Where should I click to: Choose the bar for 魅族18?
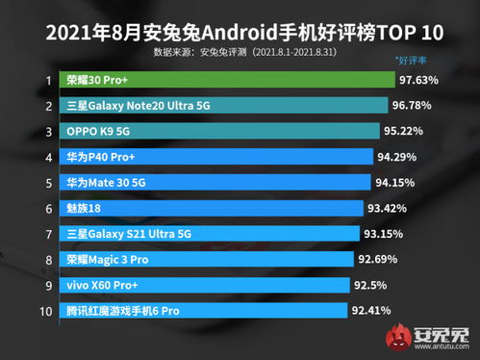pyautogui.click(x=201, y=207)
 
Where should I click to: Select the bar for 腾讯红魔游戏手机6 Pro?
pyautogui.click(x=193, y=310)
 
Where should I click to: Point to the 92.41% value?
pyautogui.click(x=376, y=310)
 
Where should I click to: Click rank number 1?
pyautogui.click(x=20, y=83)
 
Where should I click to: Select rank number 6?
pyautogui.click(x=20, y=207)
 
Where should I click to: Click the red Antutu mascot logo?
pyautogui.click(x=395, y=337)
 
